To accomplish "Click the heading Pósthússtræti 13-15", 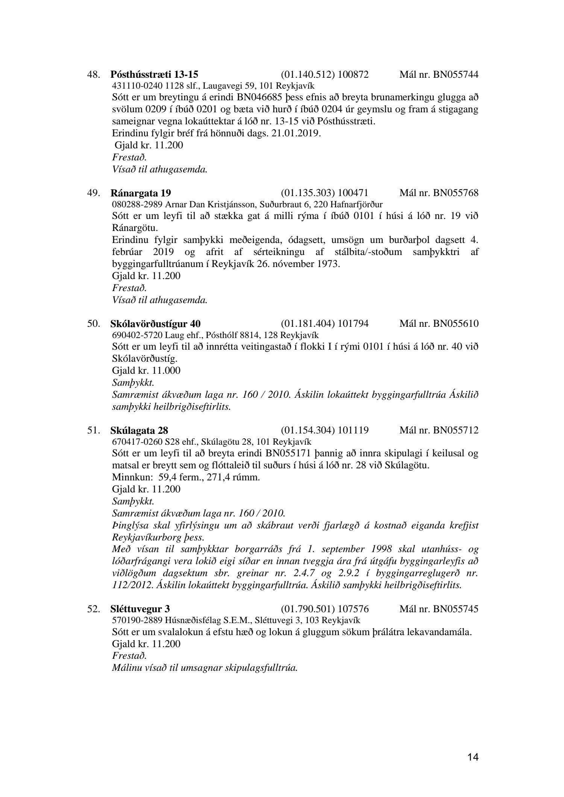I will (x=155, y=74).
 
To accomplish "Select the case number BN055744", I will (x=456, y=74).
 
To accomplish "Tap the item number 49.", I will (x=94, y=193).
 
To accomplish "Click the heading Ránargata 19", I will (x=141, y=193).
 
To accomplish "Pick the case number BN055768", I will (x=456, y=193).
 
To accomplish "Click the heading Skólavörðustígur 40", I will (x=156, y=323).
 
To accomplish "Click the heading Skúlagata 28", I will (x=139, y=430).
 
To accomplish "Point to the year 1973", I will (x=328, y=264).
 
